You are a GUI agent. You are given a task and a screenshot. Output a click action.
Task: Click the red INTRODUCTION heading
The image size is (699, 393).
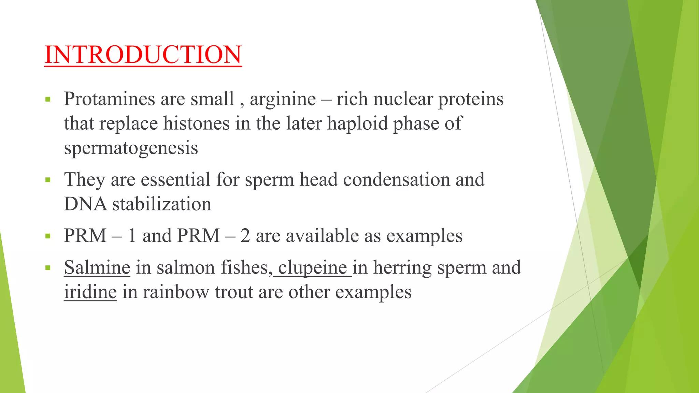143,55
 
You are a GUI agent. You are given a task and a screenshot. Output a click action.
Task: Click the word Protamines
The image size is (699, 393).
110,99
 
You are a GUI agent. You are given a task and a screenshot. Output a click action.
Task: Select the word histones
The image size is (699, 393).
196,123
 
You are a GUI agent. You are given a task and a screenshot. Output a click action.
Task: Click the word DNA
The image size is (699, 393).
85,204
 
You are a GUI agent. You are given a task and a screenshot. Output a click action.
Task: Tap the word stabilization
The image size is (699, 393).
162,204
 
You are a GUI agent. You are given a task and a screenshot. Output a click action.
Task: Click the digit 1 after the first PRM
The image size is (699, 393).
132,236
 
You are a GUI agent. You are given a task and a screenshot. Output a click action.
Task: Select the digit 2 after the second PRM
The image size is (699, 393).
245,236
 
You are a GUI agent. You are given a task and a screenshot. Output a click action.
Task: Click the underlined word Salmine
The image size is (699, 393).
97,267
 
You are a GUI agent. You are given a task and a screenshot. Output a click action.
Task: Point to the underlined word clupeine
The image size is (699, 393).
313,268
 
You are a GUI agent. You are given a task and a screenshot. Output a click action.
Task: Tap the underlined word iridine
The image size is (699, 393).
90,292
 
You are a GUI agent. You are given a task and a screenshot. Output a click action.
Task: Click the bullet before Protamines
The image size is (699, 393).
48,100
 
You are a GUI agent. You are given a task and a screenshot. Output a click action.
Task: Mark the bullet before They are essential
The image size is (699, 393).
48,180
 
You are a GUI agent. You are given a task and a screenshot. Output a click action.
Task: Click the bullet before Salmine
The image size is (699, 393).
48,268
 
